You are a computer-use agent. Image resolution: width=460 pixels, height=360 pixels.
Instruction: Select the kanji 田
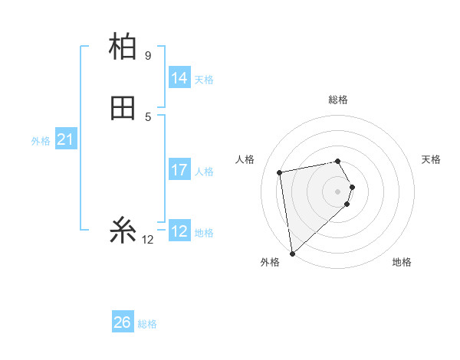click(123, 108)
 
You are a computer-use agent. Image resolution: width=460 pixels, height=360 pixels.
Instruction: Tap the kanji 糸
click(123, 229)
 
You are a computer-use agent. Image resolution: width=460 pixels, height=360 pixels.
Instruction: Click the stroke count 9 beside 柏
click(148, 56)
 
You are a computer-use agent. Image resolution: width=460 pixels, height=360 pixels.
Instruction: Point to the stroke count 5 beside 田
click(148, 117)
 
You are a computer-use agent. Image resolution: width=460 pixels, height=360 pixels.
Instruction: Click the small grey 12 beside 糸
click(148, 240)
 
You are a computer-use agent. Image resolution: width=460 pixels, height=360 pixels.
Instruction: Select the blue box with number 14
click(179, 78)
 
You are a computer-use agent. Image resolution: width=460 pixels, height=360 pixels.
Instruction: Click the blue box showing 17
click(179, 170)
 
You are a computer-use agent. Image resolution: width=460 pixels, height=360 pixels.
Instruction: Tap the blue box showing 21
click(65, 139)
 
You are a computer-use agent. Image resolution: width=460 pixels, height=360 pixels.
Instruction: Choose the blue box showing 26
click(123, 322)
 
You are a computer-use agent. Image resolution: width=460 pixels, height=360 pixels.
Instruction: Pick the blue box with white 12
click(179, 231)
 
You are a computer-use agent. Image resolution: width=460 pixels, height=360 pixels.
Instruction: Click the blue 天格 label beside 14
click(204, 80)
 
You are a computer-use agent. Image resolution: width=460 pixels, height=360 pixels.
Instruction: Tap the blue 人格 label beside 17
click(204, 172)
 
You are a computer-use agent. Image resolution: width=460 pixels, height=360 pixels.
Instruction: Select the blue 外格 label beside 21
click(41, 141)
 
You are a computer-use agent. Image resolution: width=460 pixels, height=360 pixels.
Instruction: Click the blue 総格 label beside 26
click(147, 324)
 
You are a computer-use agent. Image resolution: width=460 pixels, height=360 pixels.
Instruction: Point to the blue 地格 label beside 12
click(204, 233)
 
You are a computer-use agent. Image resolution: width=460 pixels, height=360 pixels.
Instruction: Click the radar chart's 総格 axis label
click(338, 100)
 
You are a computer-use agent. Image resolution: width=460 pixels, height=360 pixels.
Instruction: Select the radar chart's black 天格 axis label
click(431, 159)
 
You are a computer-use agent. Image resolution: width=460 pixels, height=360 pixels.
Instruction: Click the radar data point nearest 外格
click(292, 254)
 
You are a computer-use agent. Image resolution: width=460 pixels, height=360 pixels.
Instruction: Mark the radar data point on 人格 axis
click(280, 172)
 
